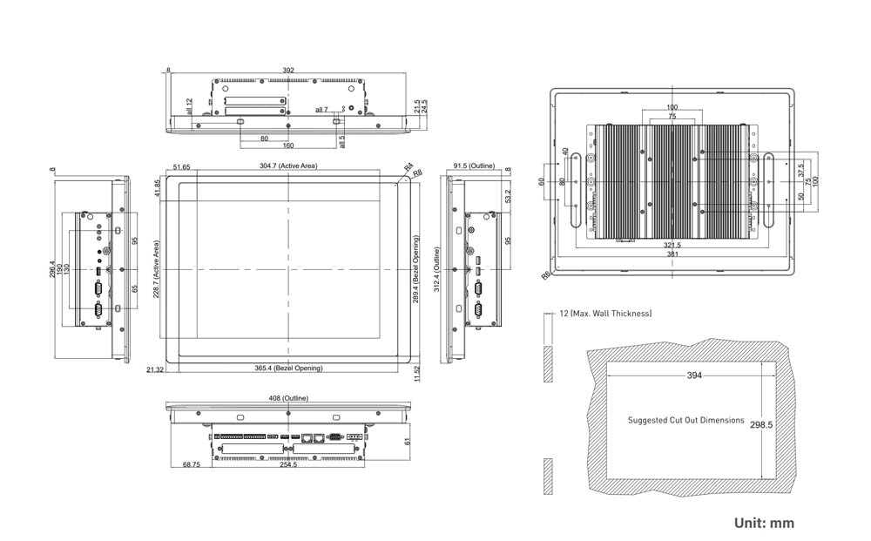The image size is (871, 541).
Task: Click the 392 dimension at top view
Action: pos(288,70)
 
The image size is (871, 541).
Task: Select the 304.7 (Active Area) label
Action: pos(288,166)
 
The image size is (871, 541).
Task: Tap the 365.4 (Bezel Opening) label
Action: pos(288,369)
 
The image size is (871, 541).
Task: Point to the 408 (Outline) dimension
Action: pos(288,398)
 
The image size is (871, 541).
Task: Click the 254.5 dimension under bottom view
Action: pos(288,465)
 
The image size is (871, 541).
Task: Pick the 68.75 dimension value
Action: pos(192,465)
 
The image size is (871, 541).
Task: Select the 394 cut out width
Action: pos(693,375)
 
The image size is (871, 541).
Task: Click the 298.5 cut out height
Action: pos(762,424)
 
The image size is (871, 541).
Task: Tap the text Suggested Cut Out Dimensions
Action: pos(686,420)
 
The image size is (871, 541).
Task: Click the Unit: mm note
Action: pos(764,523)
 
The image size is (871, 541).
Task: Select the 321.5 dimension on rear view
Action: pos(672,246)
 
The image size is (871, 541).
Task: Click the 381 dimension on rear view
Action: pos(672,254)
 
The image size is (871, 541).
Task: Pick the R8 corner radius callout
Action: pos(417,173)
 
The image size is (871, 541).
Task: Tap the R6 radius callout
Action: pos(545,275)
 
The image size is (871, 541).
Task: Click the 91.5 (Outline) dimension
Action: pos(473,166)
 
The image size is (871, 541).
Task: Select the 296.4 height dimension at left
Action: pos(53,270)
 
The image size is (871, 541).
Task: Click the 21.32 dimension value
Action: pos(155,369)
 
